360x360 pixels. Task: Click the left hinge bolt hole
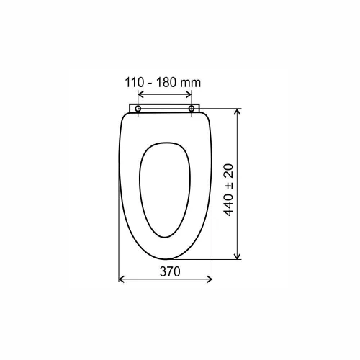138,109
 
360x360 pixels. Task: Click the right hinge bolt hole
192,109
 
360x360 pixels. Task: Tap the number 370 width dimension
170,271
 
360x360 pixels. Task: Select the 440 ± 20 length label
228,190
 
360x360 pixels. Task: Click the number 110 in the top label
134,83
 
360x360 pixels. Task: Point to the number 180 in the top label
166,83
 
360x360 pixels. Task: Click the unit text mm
190,83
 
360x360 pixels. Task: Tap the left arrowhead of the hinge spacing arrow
141,94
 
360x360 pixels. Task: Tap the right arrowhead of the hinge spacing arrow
189,94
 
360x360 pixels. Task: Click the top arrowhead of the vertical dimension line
237,112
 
